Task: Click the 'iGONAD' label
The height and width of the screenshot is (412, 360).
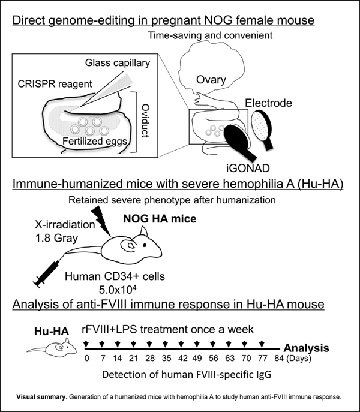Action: point(244,169)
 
